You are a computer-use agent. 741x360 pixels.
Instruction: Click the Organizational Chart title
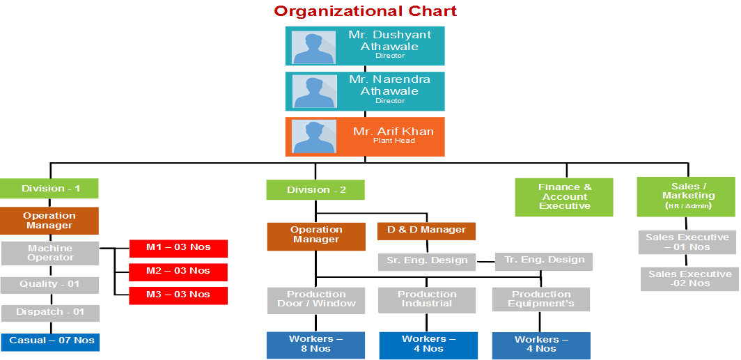click(365, 11)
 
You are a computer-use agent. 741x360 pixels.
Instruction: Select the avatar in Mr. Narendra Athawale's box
click(309, 91)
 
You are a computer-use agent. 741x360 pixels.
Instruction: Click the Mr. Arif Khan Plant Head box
click(365, 136)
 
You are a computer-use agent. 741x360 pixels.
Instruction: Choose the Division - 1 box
click(49, 189)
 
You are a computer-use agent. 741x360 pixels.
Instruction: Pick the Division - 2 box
click(315, 190)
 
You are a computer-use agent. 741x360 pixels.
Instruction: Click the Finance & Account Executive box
click(564, 197)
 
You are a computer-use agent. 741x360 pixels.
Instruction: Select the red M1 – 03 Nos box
click(178, 249)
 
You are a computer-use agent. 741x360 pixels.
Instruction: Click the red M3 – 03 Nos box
click(178, 295)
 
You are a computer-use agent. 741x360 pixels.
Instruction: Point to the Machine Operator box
click(50, 253)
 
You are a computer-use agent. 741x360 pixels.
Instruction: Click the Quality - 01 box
click(49, 284)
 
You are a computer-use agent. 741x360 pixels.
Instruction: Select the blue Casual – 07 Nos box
click(50, 341)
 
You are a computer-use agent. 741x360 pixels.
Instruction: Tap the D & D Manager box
click(426, 230)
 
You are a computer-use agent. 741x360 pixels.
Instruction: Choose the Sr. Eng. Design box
click(427, 261)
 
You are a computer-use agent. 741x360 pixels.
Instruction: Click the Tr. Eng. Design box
click(544, 260)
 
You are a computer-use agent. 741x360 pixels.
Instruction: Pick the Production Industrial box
click(427, 299)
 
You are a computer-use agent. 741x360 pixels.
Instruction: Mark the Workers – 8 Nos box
click(315, 345)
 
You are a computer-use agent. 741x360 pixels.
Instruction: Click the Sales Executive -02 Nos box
click(689, 279)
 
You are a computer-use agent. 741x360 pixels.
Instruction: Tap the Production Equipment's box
click(541, 299)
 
